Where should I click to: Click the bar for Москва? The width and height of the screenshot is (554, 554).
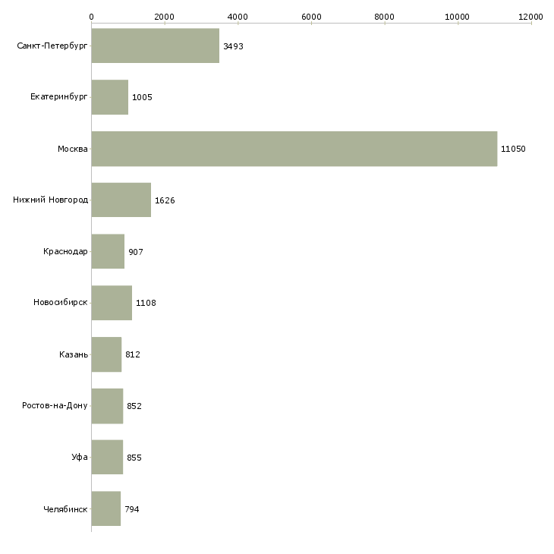(x=294, y=149)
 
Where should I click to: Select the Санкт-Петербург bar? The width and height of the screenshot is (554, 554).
(x=156, y=46)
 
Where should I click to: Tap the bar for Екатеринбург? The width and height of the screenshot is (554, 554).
(x=110, y=97)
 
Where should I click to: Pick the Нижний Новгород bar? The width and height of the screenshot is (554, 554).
(x=121, y=200)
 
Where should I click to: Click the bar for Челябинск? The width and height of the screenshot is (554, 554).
(x=106, y=508)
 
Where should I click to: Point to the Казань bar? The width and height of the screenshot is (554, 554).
(x=106, y=354)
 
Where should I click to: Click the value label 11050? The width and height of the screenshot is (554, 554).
(x=513, y=149)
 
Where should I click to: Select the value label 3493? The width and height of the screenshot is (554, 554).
(x=233, y=46)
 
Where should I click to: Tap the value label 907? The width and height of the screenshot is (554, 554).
(x=136, y=252)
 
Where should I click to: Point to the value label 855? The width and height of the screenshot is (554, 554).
(x=134, y=458)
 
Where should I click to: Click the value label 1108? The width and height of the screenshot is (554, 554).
(x=145, y=303)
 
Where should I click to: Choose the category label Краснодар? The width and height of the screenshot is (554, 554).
(x=65, y=251)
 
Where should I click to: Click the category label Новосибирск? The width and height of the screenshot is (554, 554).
(x=61, y=303)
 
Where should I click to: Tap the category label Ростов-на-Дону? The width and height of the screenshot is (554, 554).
(x=55, y=406)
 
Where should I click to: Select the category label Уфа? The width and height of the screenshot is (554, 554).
(x=80, y=458)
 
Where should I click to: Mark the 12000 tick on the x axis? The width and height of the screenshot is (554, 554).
(x=531, y=16)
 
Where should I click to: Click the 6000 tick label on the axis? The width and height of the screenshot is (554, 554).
(x=311, y=16)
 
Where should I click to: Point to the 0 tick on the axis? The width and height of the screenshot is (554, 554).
(x=92, y=16)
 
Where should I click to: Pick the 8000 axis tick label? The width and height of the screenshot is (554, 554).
(x=385, y=16)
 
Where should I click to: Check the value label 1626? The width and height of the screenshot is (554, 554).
(x=165, y=200)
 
